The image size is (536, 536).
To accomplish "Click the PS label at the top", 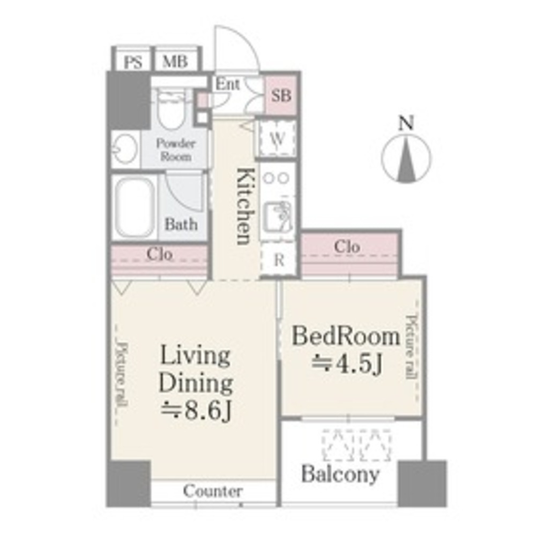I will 133,62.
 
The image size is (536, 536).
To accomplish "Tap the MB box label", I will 175,62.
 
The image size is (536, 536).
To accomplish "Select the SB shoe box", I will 281,96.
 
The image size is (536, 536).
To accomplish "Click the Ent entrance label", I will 228,85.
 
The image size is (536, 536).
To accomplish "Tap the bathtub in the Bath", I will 135,207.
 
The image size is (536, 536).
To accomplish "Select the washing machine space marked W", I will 277,138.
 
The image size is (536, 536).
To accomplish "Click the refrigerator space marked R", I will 279,260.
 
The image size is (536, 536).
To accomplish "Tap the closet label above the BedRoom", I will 347,247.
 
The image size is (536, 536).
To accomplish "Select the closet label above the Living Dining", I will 159,254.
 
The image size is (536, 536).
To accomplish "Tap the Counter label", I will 213,490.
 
